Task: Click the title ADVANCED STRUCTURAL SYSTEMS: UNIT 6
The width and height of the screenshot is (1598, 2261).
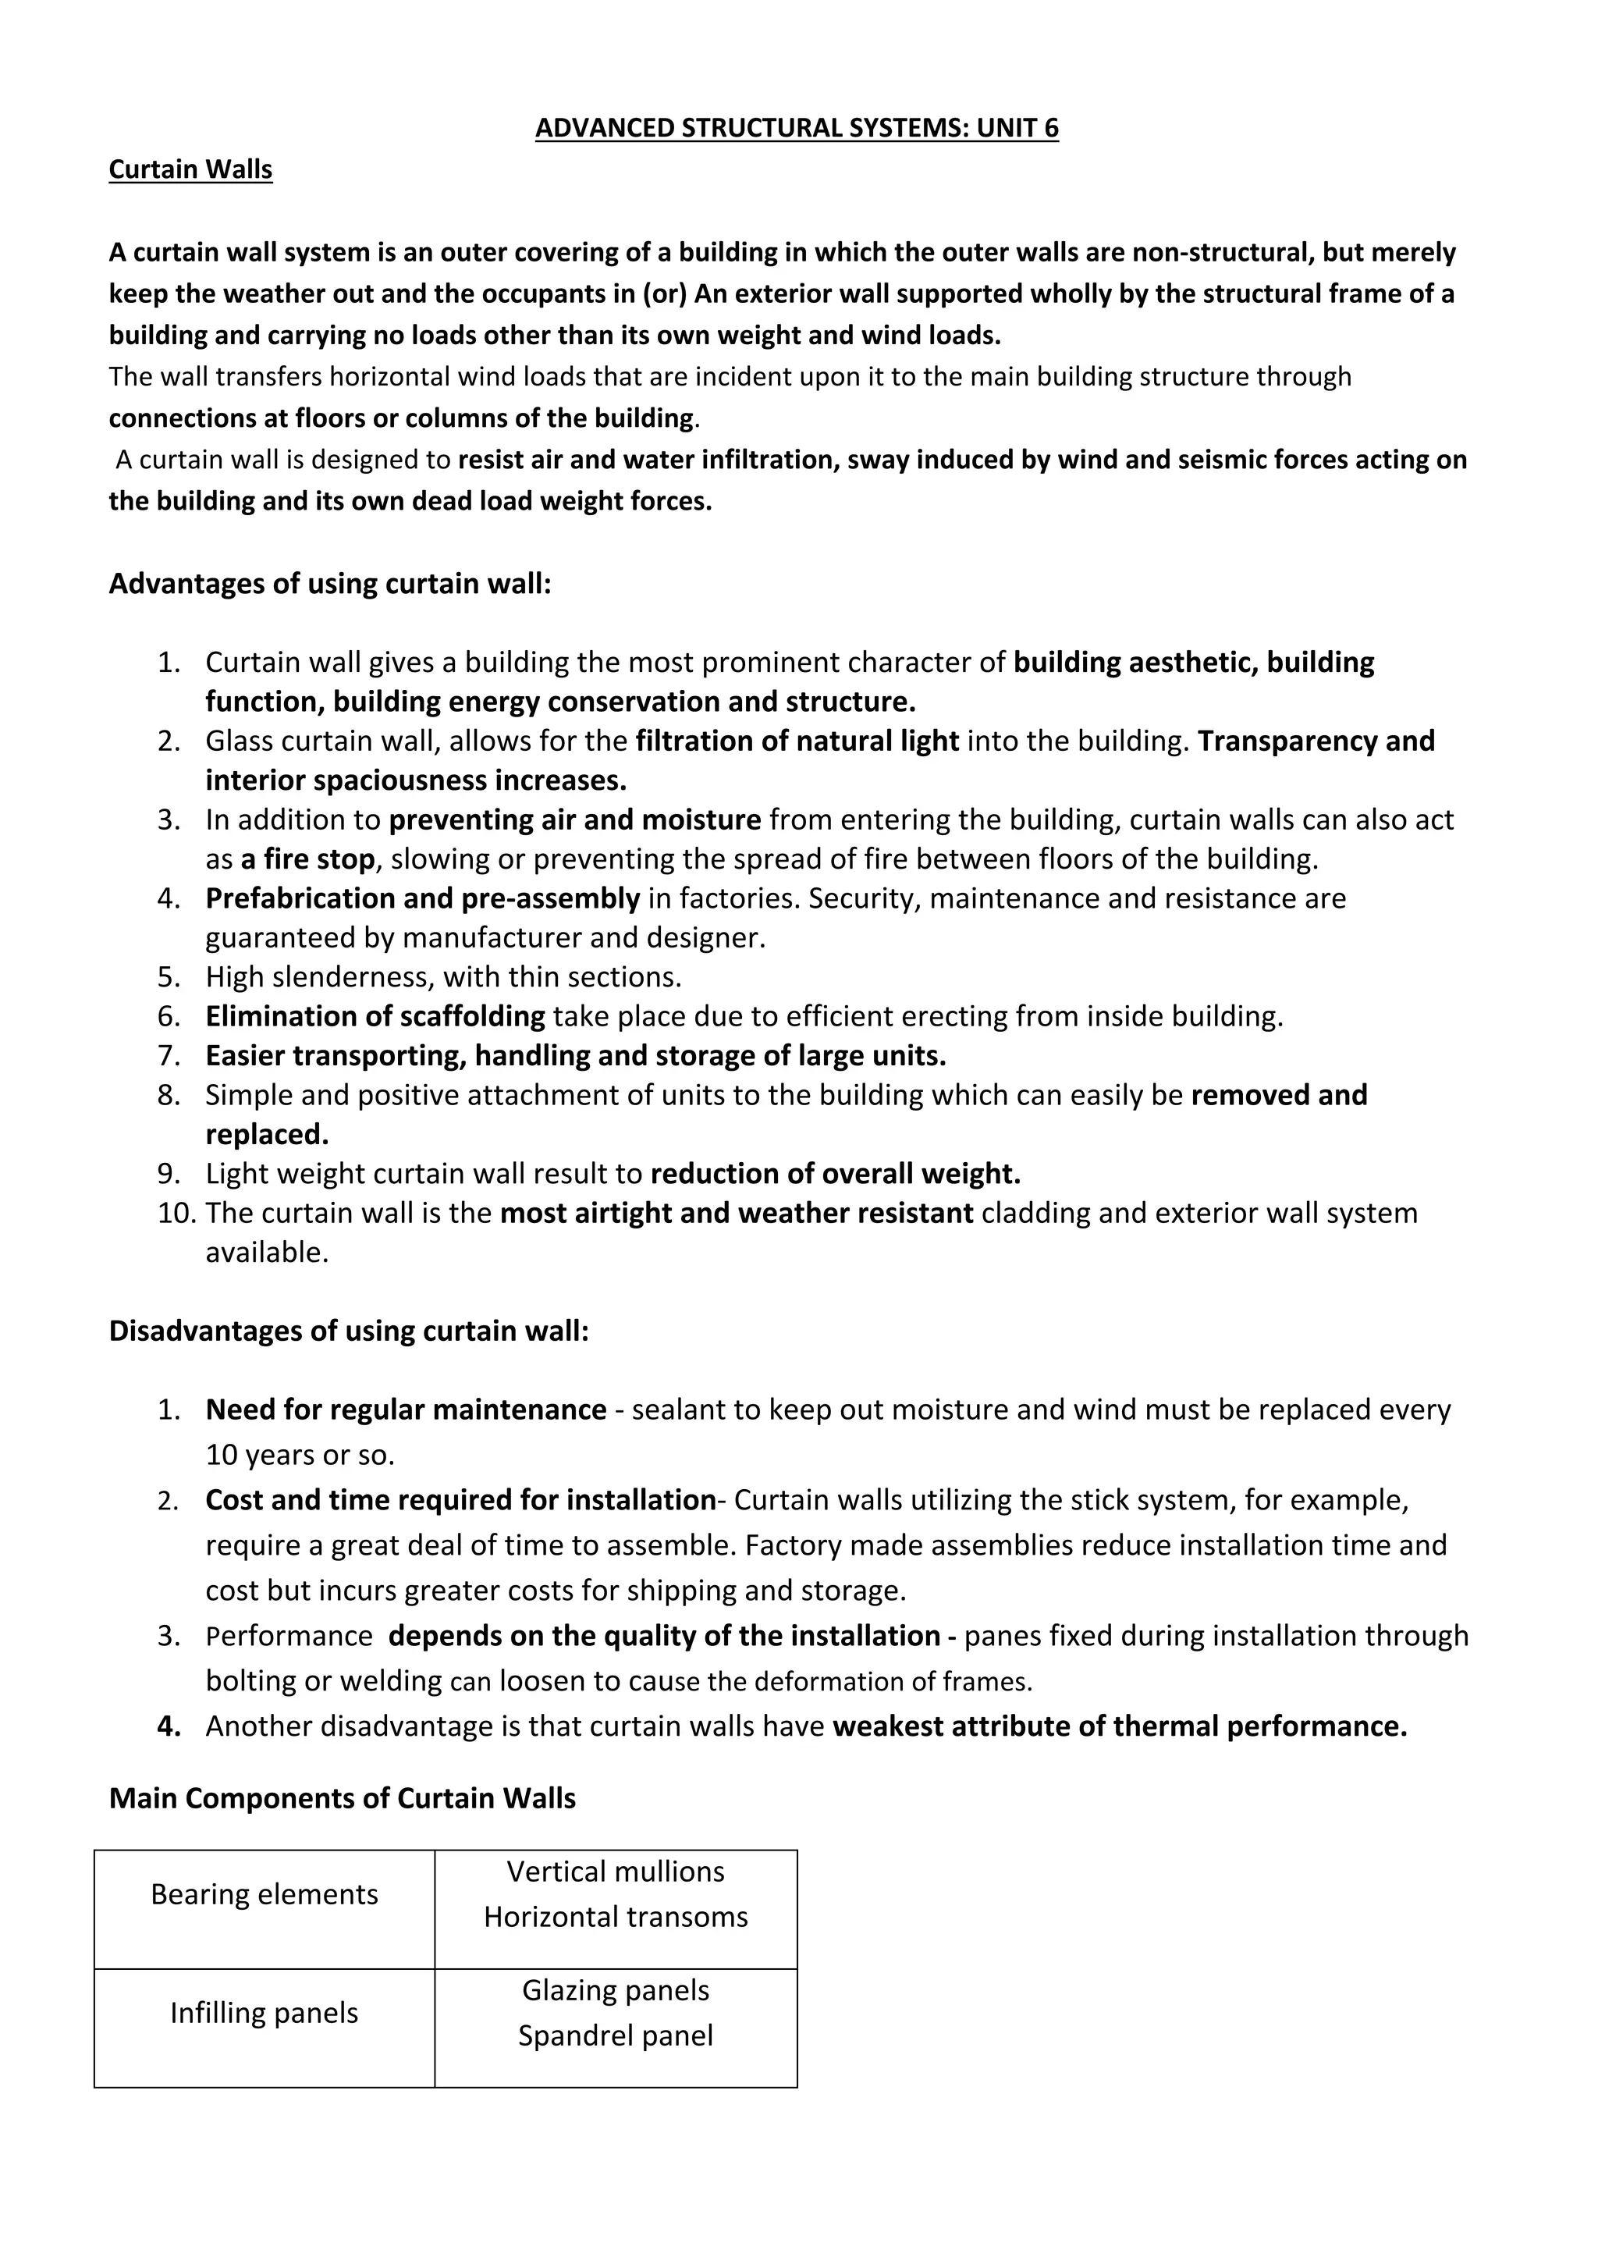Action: [797, 128]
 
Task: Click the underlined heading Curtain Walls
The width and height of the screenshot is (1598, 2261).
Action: [190, 169]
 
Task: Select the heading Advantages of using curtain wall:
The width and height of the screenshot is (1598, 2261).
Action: [330, 584]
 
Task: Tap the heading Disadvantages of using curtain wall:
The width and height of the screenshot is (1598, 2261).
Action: [349, 1331]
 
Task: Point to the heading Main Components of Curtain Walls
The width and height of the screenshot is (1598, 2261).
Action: [342, 1798]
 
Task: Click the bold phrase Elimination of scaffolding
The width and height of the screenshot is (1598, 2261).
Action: [375, 1016]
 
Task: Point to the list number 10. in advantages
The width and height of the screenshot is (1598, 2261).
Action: [177, 1213]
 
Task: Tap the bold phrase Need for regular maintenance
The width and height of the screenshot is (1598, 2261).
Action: [406, 1410]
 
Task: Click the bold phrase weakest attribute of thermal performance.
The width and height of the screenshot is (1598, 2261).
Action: [1120, 1726]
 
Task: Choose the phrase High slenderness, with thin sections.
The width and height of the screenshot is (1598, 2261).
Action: [443, 977]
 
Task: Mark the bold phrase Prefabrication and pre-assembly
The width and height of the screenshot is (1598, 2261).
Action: [422, 898]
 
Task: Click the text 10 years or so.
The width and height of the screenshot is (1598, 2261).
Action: [300, 1456]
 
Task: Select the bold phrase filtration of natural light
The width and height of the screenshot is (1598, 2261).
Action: [797, 741]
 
